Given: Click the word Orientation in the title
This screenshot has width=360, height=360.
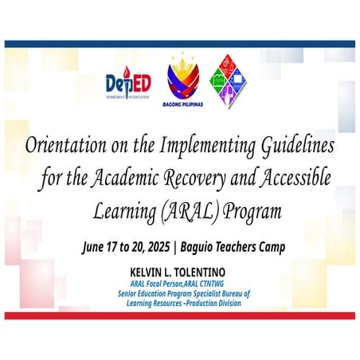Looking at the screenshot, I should click(69, 148).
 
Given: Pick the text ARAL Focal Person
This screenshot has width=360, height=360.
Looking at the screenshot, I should click(166, 283).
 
